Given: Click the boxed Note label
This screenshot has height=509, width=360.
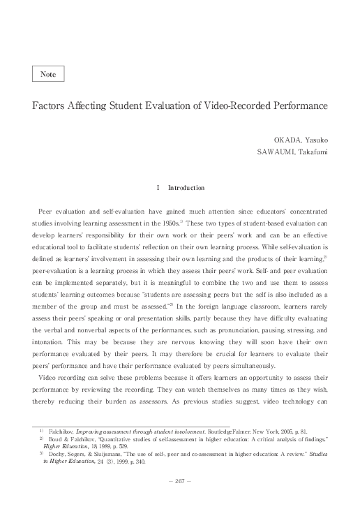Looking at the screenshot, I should coord(49,73).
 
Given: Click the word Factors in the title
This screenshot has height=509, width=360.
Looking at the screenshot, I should coord(52,108).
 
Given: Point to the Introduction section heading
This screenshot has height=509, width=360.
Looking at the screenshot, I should coord(186,188).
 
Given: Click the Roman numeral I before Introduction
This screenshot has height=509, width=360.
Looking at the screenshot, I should coord(160,188).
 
